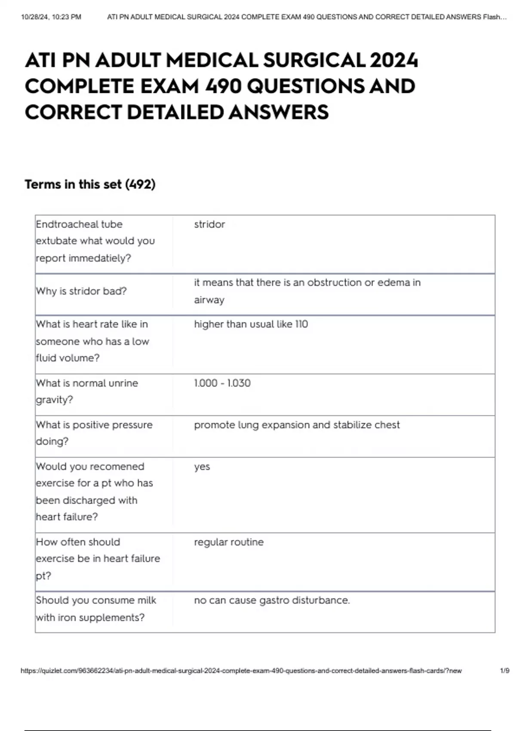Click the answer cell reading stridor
(209, 224)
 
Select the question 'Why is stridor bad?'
(81, 291)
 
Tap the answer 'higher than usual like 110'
(251, 324)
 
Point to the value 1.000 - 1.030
(222, 383)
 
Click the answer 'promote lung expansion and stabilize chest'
(297, 425)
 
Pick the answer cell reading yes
(202, 467)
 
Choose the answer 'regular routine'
(229, 542)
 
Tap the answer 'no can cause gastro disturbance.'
(272, 600)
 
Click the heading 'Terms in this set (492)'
(90, 184)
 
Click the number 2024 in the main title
(393, 61)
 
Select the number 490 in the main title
(223, 86)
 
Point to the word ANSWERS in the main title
(278, 112)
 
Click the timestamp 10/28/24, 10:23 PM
(51, 17)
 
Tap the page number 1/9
(504, 671)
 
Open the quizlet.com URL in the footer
(241, 671)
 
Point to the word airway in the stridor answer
(209, 300)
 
